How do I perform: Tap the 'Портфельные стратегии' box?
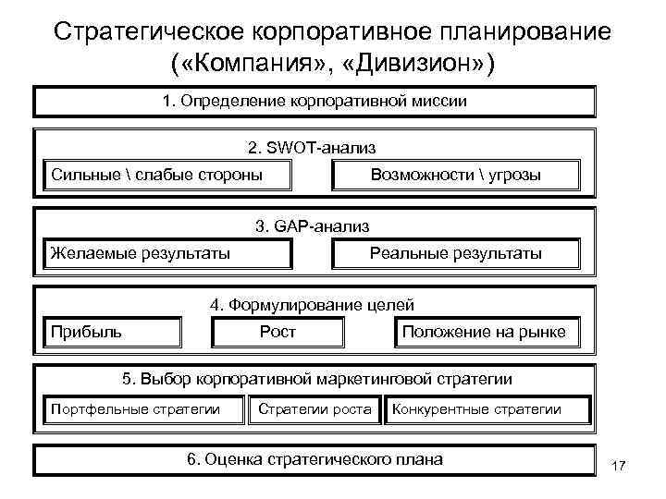pos(144,409)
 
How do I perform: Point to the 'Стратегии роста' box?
pos(315,409)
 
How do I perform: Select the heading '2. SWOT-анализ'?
pos(312,148)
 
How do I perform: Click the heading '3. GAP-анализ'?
pos(312,225)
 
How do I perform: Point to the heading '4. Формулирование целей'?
pos(312,305)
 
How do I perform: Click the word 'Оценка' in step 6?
pos(238,459)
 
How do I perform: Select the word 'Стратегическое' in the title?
pos(154,30)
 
